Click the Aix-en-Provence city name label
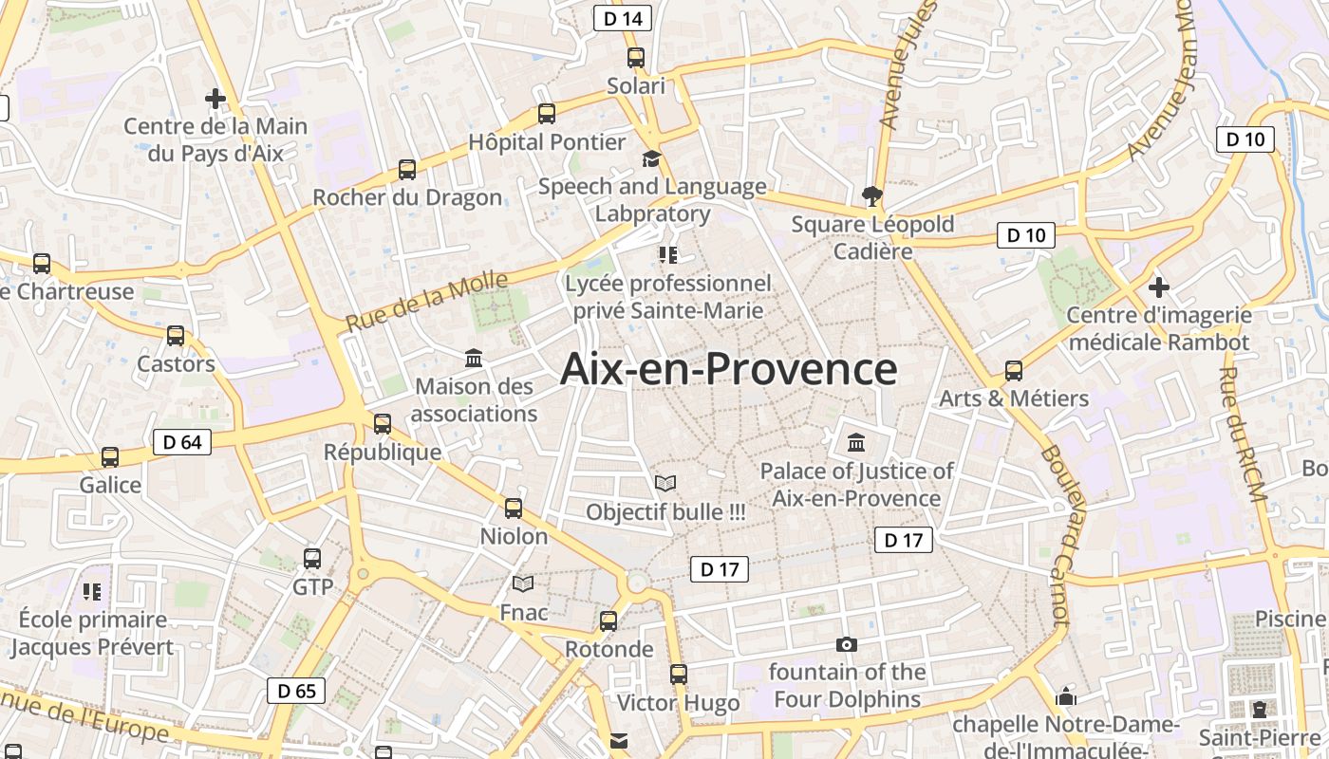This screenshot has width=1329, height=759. pos(728,369)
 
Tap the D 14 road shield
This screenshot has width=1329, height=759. pos(623,18)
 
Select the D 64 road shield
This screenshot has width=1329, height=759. pos(181,442)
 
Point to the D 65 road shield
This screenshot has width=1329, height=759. pos(296,691)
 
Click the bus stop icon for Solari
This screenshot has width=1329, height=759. pos(636,58)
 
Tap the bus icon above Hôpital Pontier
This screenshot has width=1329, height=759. pos(547,114)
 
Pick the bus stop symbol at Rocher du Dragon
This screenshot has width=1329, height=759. pos(407,170)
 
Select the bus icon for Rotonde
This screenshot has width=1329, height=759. pos(608,621)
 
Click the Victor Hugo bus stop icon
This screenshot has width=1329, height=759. pos(679,675)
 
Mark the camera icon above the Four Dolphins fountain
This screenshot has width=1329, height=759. pos(847,645)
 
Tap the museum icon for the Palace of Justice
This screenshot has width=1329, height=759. pos(856,442)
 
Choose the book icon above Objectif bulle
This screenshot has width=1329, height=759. pos(665,484)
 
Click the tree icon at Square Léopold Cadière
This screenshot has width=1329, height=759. pos(872,196)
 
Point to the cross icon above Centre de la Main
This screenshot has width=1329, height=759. pos(215,98)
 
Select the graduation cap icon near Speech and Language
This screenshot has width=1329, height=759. pos(651,158)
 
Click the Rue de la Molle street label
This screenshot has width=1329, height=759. pos(426,301)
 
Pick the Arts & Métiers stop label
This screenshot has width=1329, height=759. pos(1014,398)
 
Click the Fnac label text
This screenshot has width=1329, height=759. pos(524,612)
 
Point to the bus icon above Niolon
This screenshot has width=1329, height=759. pos(514,509)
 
